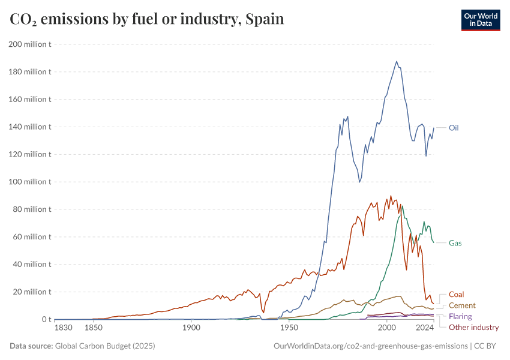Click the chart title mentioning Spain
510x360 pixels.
147,19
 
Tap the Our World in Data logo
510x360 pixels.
480,20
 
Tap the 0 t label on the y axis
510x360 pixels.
45,319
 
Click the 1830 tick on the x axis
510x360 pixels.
64,328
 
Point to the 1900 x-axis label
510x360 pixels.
191,328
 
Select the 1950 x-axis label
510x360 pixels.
289,328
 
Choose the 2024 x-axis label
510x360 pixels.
425,328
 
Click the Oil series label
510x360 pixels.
454,127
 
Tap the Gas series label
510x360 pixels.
455,243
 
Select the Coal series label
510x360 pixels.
457,295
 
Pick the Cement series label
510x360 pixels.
462,305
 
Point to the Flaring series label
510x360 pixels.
460,316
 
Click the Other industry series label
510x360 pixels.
474,327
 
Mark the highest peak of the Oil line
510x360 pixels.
397,61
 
